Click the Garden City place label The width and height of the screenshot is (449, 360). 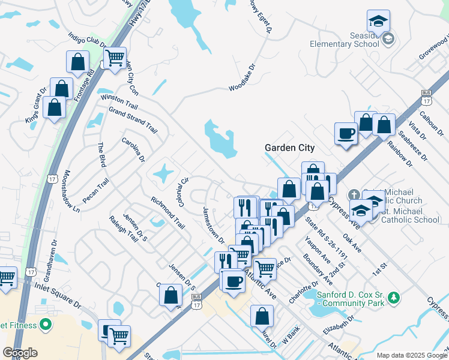pyautogui.click(x=290, y=148)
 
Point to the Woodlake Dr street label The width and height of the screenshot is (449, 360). pyautogui.click(x=243, y=79)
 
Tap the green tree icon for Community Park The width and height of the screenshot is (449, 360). pyautogui.click(x=394, y=297)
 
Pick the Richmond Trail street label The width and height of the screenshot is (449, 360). pyautogui.click(x=167, y=212)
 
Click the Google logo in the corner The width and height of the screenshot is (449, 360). pyautogui.click(x=20, y=353)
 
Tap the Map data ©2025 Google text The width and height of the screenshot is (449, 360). pyautogui.click(x=411, y=355)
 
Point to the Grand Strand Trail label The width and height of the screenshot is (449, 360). pyautogui.click(x=133, y=120)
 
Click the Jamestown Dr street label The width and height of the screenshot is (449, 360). pyautogui.click(x=213, y=226)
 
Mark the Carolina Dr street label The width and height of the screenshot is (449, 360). pyautogui.click(x=133, y=149)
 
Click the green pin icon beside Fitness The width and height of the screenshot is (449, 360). pyautogui.click(x=45, y=325)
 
